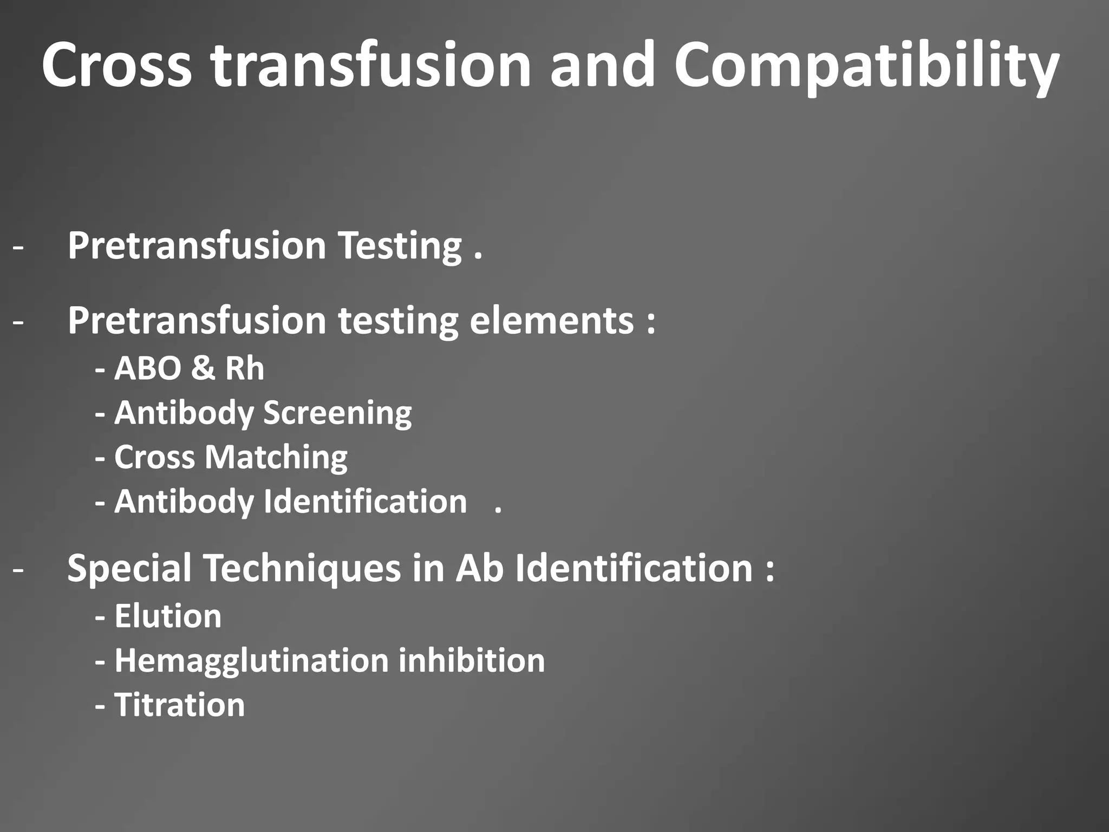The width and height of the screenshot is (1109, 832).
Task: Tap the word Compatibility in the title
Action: (x=866, y=68)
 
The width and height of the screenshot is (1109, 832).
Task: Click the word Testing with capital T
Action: (x=400, y=246)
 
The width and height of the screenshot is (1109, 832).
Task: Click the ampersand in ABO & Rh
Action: (x=203, y=368)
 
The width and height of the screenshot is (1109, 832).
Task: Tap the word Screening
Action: (x=337, y=414)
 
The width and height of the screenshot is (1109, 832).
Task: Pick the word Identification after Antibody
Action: (x=365, y=502)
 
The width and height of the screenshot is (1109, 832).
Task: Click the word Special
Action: (x=129, y=569)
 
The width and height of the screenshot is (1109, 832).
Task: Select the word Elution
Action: (x=168, y=616)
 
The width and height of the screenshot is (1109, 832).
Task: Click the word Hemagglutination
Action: (x=252, y=661)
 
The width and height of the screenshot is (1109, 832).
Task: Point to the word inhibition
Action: (x=472, y=660)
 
